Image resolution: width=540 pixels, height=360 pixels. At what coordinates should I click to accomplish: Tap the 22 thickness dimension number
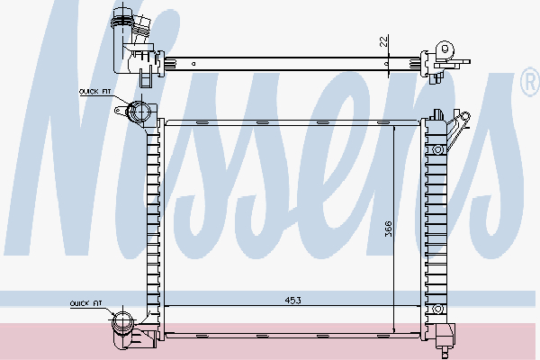tap(382, 40)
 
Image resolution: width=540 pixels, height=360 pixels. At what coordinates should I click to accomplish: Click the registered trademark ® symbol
tap(529, 83)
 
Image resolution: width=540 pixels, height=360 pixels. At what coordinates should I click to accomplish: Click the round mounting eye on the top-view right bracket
tap(441, 48)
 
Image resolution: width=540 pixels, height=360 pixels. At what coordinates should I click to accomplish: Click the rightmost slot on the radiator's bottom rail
tap(382, 335)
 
